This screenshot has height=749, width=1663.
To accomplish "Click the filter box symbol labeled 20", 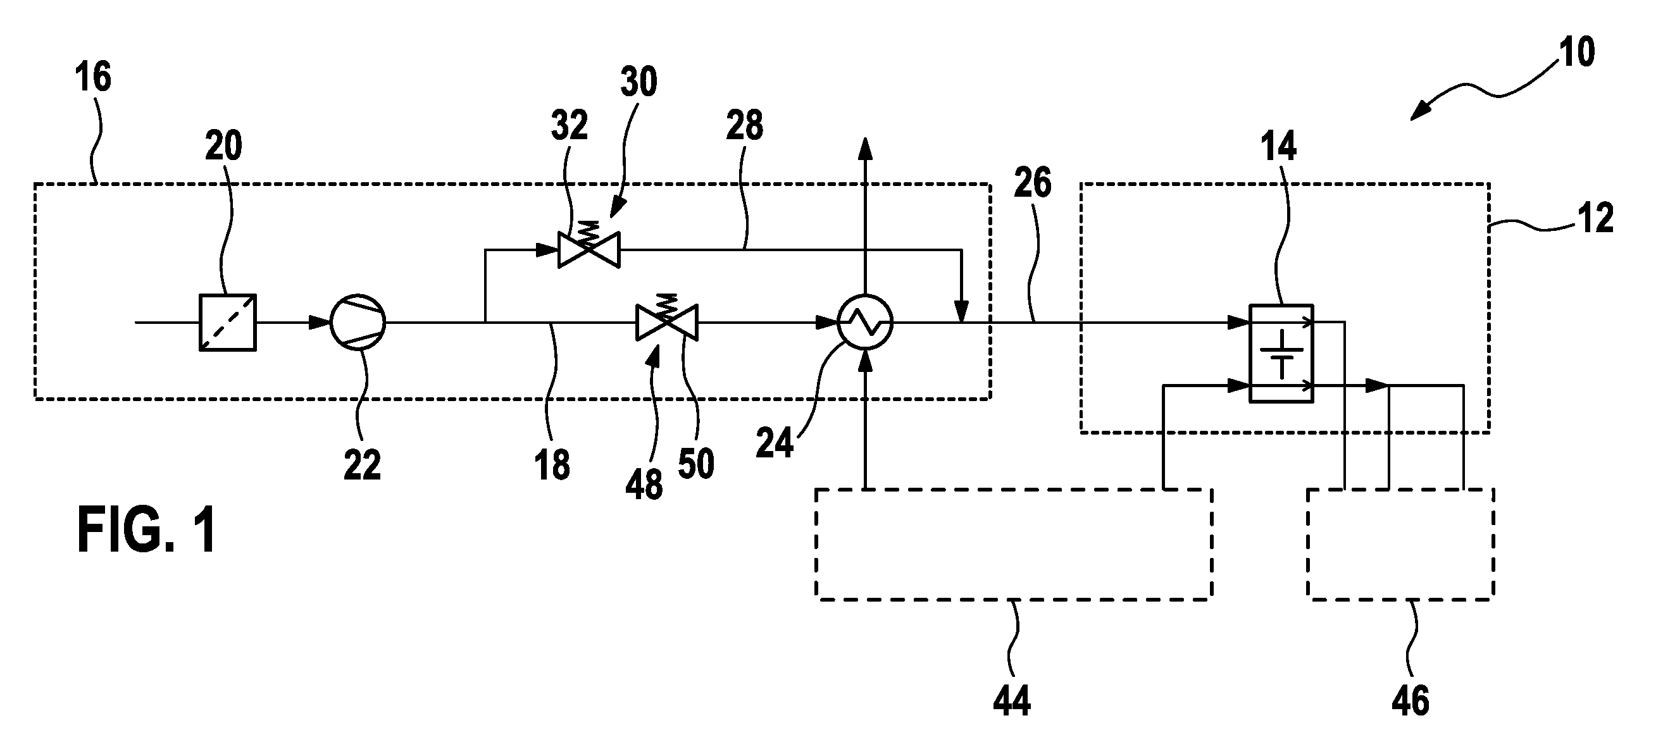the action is pyautogui.click(x=227, y=323).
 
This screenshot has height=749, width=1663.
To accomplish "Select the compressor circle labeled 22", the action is pyautogui.click(x=358, y=322).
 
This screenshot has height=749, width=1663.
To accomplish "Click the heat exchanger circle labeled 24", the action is pyautogui.click(x=865, y=322).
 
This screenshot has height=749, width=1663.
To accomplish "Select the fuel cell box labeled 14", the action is pyautogui.click(x=1281, y=354).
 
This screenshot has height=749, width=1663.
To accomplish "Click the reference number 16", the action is pyautogui.click(x=93, y=77).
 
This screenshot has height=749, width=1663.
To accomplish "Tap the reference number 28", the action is pyautogui.click(x=744, y=125).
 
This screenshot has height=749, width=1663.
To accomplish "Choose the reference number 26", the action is pyautogui.click(x=1032, y=183).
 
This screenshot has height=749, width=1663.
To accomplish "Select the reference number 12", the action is pyautogui.click(x=1596, y=218).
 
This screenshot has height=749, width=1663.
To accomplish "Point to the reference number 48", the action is pyautogui.click(x=644, y=485).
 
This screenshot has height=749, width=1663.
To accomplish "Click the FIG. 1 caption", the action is pyautogui.click(x=147, y=530).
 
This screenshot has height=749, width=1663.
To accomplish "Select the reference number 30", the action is pyautogui.click(x=638, y=82).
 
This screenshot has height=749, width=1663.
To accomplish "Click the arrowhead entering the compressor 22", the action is pyautogui.click(x=320, y=322).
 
